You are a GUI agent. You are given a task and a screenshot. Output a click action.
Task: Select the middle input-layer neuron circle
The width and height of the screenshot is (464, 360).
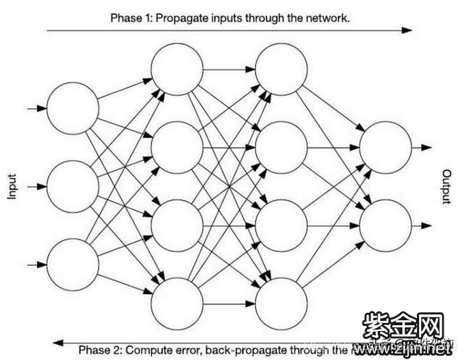click(x=72, y=186)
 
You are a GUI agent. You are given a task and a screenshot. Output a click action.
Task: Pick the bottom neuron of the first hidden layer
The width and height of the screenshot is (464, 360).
click(x=177, y=302)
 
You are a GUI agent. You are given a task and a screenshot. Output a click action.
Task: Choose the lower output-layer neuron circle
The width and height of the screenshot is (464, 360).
click(x=386, y=225)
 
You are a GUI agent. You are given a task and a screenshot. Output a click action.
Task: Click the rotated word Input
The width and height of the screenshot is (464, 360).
click(x=12, y=186)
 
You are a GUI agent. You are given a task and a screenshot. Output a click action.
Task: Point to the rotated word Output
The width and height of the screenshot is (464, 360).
click(x=447, y=187)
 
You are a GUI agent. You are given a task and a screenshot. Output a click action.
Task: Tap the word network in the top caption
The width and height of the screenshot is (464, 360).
click(x=330, y=16)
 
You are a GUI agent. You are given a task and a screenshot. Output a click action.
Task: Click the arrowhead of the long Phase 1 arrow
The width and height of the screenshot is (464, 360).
click(x=408, y=30)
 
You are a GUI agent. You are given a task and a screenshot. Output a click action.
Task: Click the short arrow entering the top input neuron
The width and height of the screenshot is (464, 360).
click(x=36, y=109)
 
